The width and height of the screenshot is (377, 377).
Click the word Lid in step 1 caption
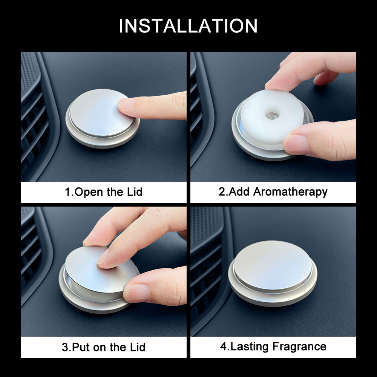[x=133, y=192]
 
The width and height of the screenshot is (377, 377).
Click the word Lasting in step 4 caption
[x=247, y=346]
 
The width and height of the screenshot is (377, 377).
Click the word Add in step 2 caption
[x=239, y=192]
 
